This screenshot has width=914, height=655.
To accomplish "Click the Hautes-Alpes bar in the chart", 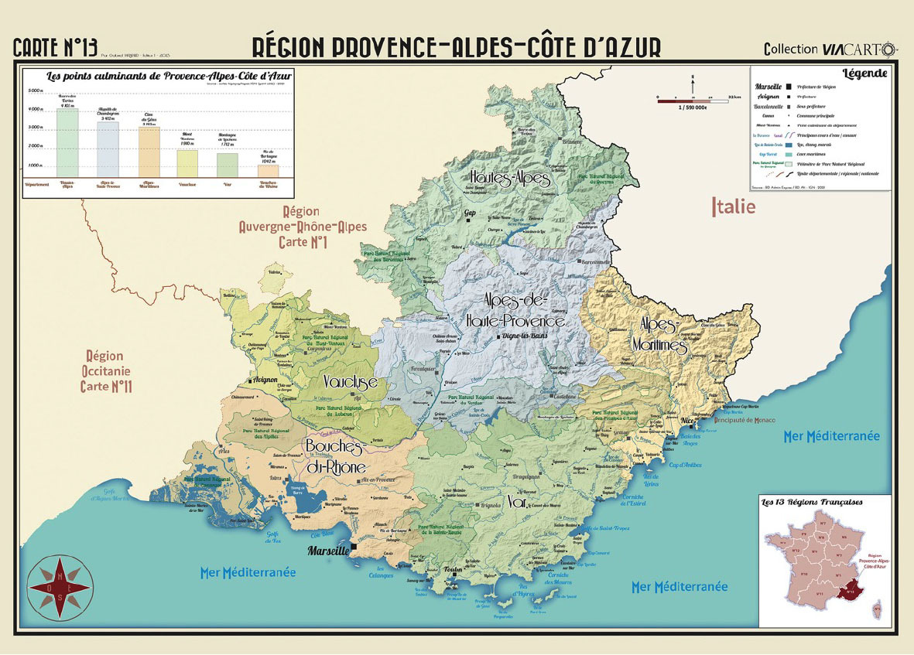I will point(67,142).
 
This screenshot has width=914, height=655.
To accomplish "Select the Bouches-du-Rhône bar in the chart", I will point(268,170).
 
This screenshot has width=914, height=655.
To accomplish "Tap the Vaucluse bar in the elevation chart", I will point(187,162).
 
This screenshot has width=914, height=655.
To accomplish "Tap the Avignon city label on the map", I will point(263,380).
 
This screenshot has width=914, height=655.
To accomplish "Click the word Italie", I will point(733,206).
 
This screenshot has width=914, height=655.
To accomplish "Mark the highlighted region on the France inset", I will point(854,591).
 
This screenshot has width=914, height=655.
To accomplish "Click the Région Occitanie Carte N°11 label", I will point(105,370).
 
